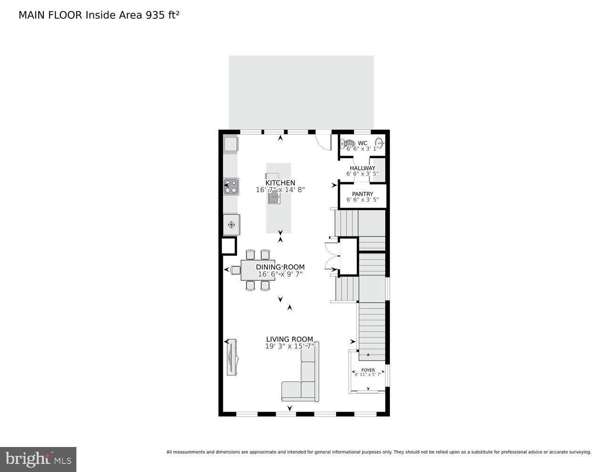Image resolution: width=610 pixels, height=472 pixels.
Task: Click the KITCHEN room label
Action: click(280, 183)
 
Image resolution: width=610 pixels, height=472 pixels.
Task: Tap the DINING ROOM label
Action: click(280, 267)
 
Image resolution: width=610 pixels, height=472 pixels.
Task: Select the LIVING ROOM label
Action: click(289, 339)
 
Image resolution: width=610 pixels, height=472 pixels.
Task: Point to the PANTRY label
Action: click(363, 194)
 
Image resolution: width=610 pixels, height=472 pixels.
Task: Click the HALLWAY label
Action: click(363, 168)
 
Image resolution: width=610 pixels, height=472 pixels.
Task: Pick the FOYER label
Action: click(368, 370)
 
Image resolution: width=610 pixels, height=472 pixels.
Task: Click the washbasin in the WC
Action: click(379, 143)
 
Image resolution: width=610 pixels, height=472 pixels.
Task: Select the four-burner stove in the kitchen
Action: click(231, 186)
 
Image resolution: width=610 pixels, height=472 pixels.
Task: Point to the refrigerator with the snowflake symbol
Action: click(231, 225)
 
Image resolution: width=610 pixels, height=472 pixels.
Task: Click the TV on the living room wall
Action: click(231, 357)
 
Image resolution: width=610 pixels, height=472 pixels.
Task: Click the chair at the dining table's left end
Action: click(236, 270)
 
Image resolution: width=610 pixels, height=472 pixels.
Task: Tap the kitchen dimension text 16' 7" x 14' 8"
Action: click(280, 190)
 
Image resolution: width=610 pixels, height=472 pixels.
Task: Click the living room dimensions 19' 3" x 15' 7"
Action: click(289, 346)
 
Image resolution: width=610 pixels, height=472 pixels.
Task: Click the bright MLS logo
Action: click(38, 459)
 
